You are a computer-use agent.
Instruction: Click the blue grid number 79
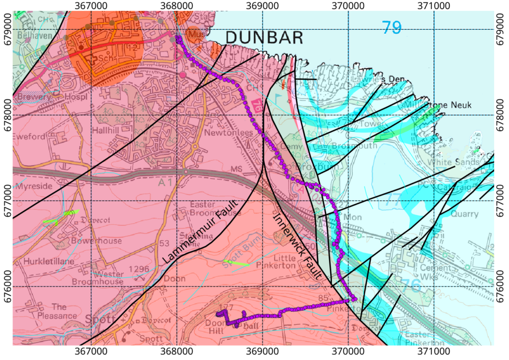coord(391,27)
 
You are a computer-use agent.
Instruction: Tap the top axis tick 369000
coord(262,6)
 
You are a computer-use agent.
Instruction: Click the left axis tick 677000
coord(6,201)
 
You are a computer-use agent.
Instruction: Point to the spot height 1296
coord(139,269)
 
